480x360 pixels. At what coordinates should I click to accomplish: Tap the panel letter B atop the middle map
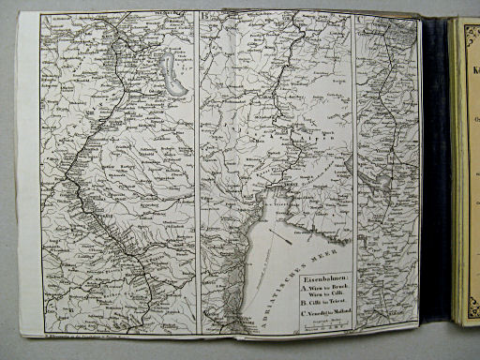(204, 15)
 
